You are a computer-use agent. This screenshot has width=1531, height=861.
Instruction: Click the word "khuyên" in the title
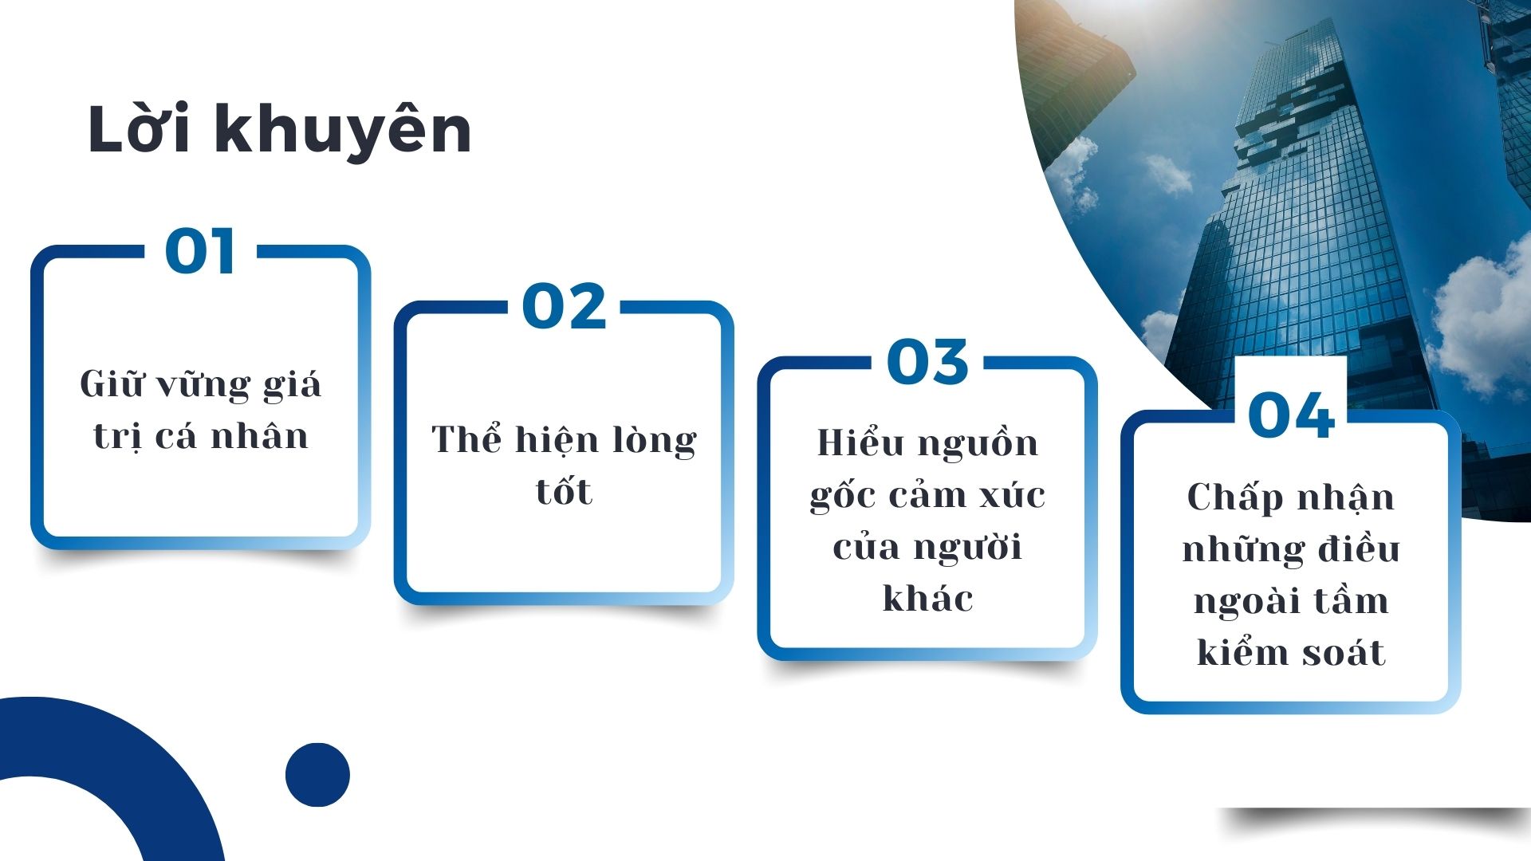tap(342, 131)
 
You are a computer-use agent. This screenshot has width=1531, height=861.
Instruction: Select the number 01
tap(200, 252)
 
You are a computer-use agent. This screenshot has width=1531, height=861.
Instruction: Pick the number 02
tap(564, 307)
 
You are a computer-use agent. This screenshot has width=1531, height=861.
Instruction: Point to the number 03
tap(927, 362)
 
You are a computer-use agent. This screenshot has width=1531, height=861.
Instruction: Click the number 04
tap(1291, 415)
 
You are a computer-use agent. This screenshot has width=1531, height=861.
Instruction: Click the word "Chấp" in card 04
tap(1235, 497)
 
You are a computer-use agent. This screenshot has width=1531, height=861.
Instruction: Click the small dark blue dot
tap(317, 775)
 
